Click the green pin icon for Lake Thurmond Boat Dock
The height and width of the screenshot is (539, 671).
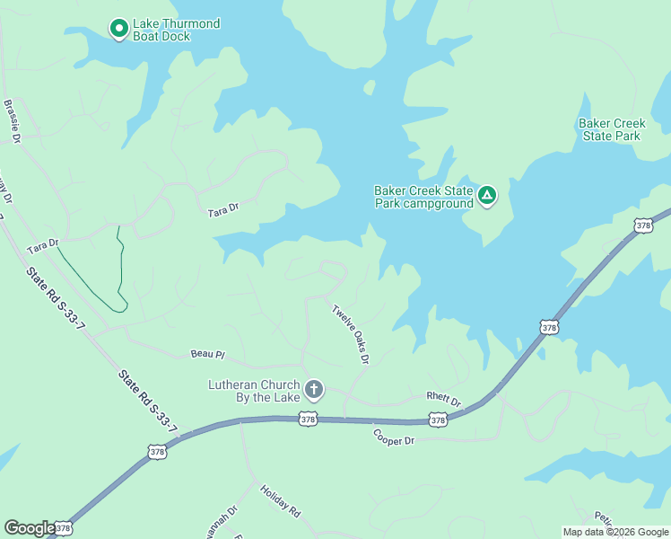click(118, 29)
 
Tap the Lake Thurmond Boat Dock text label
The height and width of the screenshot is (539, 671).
click(176, 30)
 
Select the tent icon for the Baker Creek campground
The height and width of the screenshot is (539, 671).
click(487, 195)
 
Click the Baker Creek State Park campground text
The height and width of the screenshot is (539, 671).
click(423, 197)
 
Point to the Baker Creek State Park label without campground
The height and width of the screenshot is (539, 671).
click(611, 129)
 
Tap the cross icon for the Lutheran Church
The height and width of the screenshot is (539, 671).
click(314, 390)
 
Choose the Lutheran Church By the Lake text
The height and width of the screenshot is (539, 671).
click(255, 390)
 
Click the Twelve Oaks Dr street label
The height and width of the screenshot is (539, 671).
click(351, 334)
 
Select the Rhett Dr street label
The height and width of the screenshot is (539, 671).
click(443, 399)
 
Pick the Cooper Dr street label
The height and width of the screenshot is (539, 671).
click(394, 438)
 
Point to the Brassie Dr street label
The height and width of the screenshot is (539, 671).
click(12, 121)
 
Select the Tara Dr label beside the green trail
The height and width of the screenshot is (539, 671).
click(42, 244)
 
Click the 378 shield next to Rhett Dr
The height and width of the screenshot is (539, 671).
click(437, 420)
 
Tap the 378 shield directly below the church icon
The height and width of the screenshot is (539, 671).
click(308, 420)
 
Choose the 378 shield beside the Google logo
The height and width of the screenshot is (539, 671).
click(63, 527)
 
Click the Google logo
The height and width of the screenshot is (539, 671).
click(30, 528)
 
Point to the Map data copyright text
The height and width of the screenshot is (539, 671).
click(614, 532)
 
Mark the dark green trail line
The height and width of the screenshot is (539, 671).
click(118, 269)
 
